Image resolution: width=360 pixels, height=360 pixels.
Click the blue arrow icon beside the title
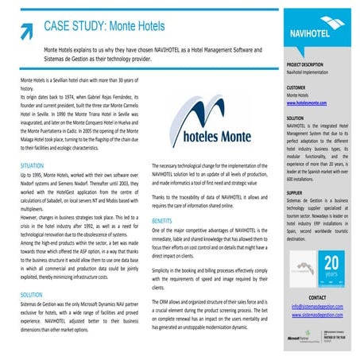point(26,29)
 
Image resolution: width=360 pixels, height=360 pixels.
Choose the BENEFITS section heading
point(162,219)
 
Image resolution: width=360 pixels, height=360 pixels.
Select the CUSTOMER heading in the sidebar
point(296,87)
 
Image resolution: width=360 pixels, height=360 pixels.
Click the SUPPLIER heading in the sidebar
point(295,192)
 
